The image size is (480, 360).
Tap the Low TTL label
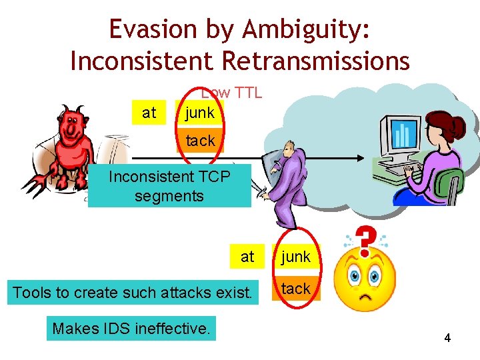click(231, 93)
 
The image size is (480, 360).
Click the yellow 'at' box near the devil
click(149, 113)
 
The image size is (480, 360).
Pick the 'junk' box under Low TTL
click(199, 113)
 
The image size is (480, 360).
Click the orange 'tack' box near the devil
click(199, 141)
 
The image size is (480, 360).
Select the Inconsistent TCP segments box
click(169, 186)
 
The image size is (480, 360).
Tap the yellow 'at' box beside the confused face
click(247, 256)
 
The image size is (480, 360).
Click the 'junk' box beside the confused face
click(295, 256)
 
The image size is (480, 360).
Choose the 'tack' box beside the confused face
click(295, 289)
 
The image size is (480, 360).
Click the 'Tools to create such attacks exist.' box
click(133, 291)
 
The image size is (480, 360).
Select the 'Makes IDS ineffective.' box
click(131, 328)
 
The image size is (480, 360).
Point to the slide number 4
click(447, 338)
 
